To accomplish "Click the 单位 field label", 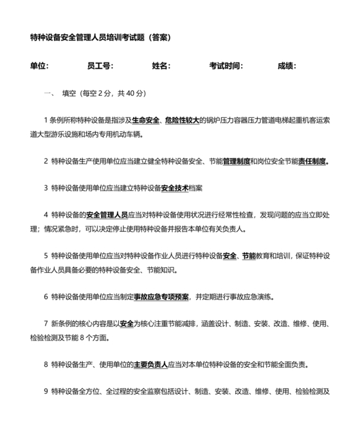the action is pyautogui.click(x=39, y=66).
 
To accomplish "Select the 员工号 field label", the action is pyautogui.click(x=100, y=66).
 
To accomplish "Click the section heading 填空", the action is pyautogui.click(x=68, y=93).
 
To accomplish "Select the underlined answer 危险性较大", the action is pyautogui.click(x=183, y=120).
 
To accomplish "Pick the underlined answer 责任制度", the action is pyautogui.click(x=312, y=161).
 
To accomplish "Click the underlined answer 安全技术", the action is pyautogui.click(x=175, y=188).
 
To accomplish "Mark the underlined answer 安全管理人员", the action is pyautogui.click(x=106, y=215).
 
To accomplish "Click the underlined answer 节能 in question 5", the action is pyautogui.click(x=249, y=256).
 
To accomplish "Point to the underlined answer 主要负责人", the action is pyautogui.click(x=150, y=364).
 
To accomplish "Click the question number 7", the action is pyautogui.click(x=46, y=324).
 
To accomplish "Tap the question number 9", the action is pyautogui.click(x=46, y=391).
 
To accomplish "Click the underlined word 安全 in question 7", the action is pyautogui.click(x=127, y=324).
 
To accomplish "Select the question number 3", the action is pyautogui.click(x=46, y=188).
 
